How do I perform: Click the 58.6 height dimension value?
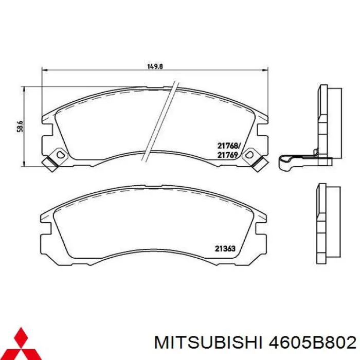20,126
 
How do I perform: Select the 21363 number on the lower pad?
225,249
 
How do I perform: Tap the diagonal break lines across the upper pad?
161,118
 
